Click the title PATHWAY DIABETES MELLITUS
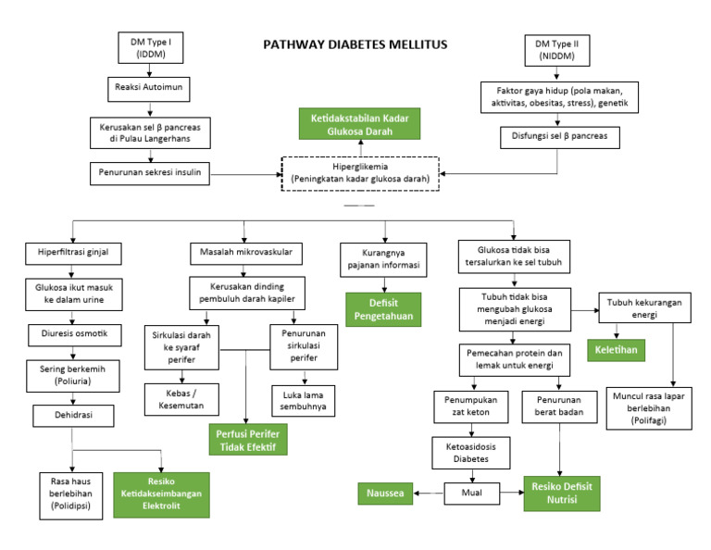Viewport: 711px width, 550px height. click(x=355, y=44)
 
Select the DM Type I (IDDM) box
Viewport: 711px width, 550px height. click(x=144, y=48)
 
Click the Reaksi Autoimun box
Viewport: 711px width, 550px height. click(x=144, y=89)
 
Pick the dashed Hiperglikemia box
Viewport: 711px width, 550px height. click(x=361, y=172)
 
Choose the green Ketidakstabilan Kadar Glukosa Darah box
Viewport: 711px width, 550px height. click(x=359, y=124)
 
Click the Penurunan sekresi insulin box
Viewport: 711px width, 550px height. click(x=145, y=172)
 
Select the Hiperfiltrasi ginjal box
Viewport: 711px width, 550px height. click(x=70, y=253)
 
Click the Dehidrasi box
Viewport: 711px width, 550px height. click(x=71, y=417)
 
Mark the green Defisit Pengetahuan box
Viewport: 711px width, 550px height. click(x=382, y=309)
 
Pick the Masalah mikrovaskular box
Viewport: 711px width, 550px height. click(x=243, y=253)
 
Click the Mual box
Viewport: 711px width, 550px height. click(x=472, y=492)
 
